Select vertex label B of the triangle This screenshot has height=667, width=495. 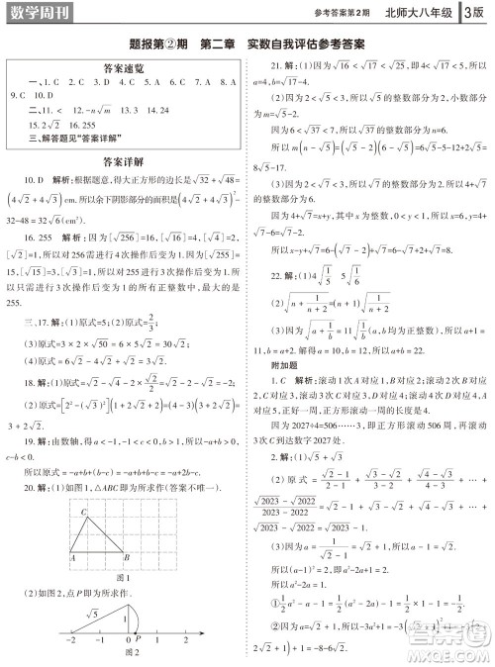coord(123,558)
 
